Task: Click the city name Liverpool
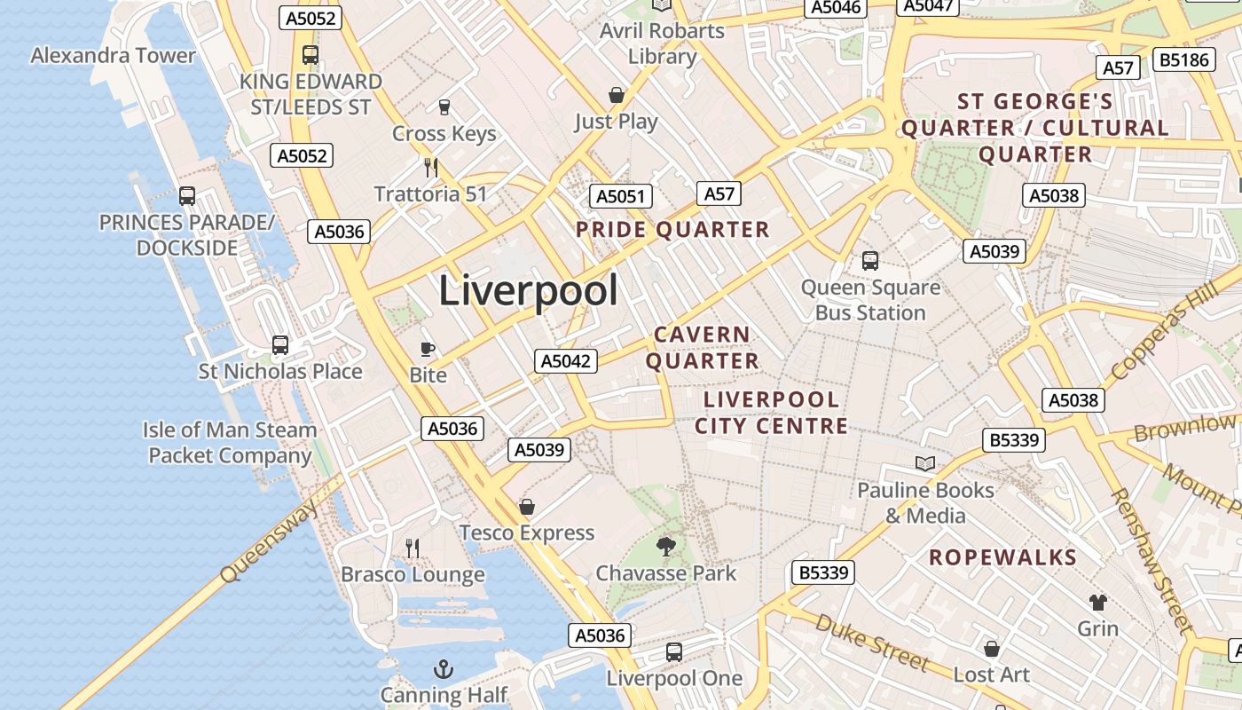point(528,291)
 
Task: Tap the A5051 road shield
point(621,196)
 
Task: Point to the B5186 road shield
point(1184,59)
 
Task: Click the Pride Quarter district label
point(672,230)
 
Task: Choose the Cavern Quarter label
point(702,348)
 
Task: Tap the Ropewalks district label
point(1002,558)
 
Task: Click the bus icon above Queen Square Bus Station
point(870,261)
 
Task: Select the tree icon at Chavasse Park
point(665,547)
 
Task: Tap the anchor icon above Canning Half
point(443,668)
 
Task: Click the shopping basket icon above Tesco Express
point(527,507)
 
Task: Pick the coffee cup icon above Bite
point(428,349)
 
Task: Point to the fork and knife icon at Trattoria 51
point(431,168)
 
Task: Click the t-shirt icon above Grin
point(1098,603)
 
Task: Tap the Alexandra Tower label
point(113,55)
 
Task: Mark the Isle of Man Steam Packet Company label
point(230,443)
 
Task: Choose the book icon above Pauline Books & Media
point(925,463)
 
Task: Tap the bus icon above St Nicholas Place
point(280,345)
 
